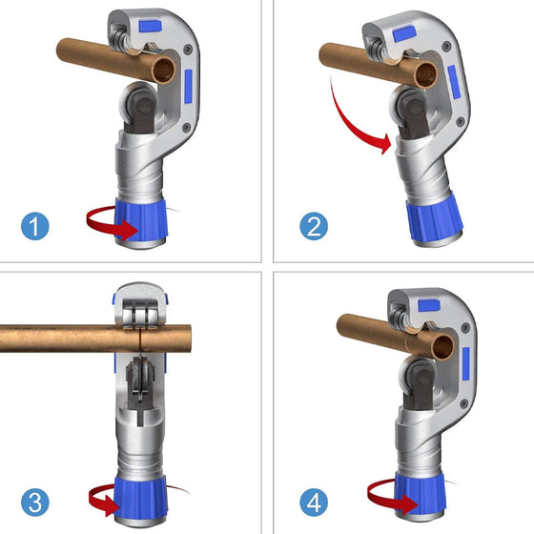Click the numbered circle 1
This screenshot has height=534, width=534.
[33, 227]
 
